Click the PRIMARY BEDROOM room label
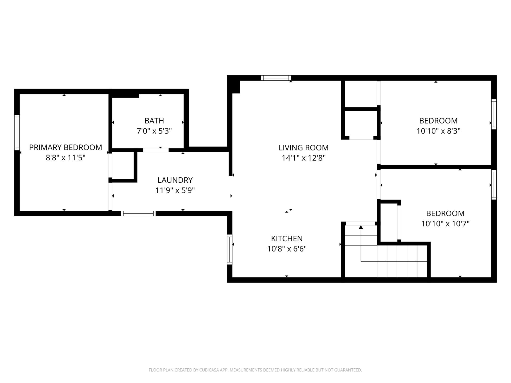pyautogui.click(x=65, y=147)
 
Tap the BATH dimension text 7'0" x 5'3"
pyautogui.click(x=154, y=131)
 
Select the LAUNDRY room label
pyautogui.click(x=175, y=180)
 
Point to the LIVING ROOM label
pyautogui.click(x=304, y=148)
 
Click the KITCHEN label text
pyautogui.click(x=287, y=239)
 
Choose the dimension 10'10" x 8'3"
pyautogui.click(x=439, y=131)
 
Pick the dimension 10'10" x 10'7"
pyautogui.click(x=445, y=224)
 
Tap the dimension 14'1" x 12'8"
pyautogui.click(x=304, y=158)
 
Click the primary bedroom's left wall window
pyautogui.click(x=17, y=132)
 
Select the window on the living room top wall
pyautogui.click(x=276, y=78)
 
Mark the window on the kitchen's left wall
pyautogui.click(x=229, y=249)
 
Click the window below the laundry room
pyautogui.click(x=138, y=213)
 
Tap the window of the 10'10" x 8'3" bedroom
pyautogui.click(x=494, y=114)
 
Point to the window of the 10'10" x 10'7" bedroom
pyautogui.click(x=494, y=185)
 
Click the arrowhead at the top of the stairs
pyautogui.click(x=361, y=227)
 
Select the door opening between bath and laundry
pyautogui.click(x=156, y=150)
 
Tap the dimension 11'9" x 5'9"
pyautogui.click(x=175, y=190)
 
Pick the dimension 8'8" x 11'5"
pyautogui.click(x=65, y=158)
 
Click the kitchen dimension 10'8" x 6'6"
pyautogui.click(x=287, y=249)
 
